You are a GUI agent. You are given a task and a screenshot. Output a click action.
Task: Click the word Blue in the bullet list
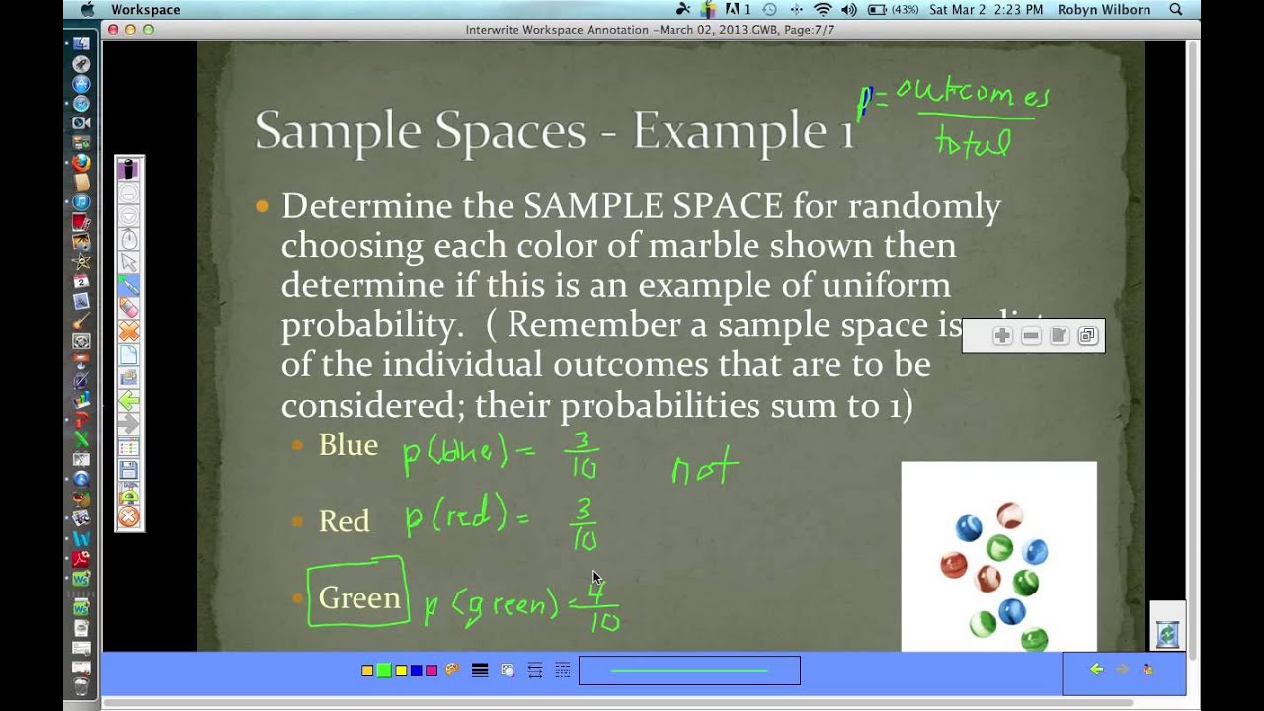pos(348,445)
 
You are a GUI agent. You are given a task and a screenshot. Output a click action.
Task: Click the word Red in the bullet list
pos(344,521)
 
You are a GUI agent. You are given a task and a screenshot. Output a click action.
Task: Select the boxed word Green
pos(359,597)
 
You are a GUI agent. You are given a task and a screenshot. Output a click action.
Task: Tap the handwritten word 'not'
pos(704,466)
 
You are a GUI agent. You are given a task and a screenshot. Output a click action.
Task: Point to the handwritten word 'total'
pos(974,144)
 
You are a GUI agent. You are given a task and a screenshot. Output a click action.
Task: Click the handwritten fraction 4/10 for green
pos(601,607)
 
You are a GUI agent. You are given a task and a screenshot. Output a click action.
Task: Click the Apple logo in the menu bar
pos(87,10)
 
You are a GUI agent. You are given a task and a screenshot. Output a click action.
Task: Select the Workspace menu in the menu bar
pos(145,10)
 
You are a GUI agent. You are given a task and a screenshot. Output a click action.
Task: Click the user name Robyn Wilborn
pos(1104,10)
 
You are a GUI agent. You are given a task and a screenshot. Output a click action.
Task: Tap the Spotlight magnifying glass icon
pos(1176,10)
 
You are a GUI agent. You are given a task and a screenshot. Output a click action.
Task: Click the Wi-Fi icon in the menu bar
pos(822,10)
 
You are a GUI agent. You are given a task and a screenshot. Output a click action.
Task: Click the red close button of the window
pos(113,30)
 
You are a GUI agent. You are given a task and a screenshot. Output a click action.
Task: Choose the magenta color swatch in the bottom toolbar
pos(432,671)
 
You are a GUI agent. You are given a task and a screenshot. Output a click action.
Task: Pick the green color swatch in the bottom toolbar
pos(383,671)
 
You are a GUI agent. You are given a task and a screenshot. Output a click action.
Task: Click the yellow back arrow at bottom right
pos(1096,670)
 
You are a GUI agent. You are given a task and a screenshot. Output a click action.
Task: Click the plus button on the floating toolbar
pos(1002,336)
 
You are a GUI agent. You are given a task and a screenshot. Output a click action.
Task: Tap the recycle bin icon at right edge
pos(1167,633)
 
